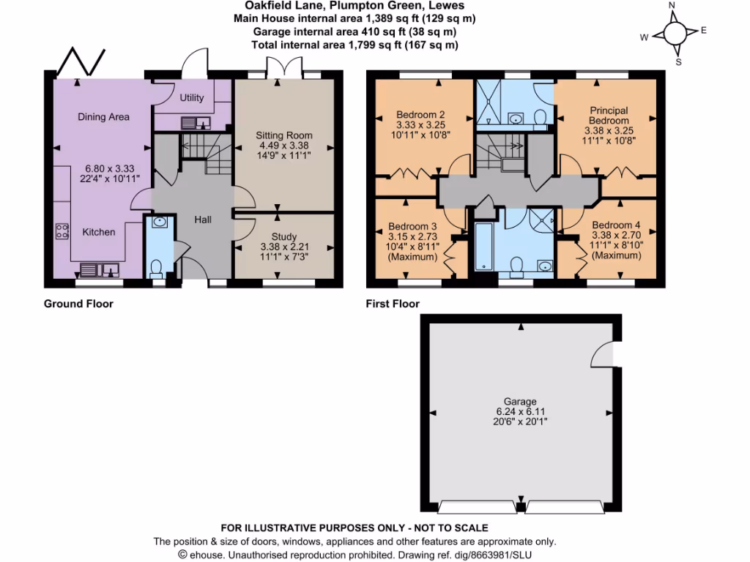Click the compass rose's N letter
pos(673,7)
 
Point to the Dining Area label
pos(103,116)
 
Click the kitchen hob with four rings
pos(62,232)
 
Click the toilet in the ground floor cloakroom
pos(155,269)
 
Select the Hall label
pos(203,220)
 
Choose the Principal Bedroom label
pos(609,116)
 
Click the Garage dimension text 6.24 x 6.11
pos(520,412)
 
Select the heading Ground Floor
pos(78,304)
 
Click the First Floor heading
pos(393,304)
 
